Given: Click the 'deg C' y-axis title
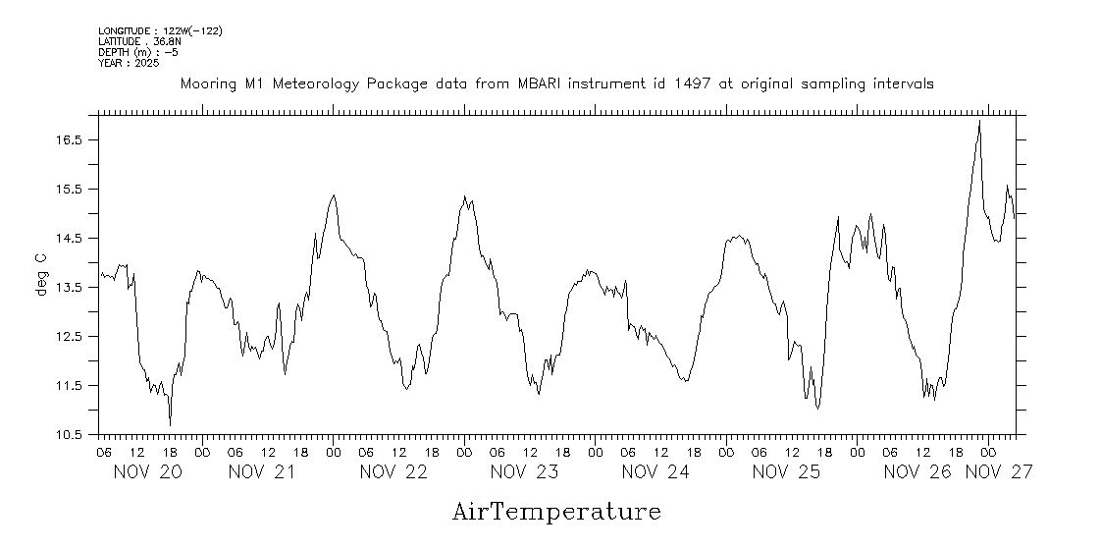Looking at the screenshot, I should [x=41, y=274].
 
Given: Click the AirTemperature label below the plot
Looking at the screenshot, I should [x=556, y=512].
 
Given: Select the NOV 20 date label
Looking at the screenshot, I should [x=148, y=472].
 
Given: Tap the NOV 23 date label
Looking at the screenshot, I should [x=525, y=472].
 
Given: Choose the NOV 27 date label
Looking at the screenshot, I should [x=999, y=472].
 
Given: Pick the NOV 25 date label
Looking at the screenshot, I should [x=786, y=472].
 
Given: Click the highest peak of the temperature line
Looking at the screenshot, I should [x=979, y=121].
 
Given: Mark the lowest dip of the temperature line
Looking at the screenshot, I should [x=171, y=424].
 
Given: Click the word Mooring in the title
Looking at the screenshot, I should [x=208, y=84].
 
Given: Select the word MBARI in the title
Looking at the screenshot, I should [x=543, y=84].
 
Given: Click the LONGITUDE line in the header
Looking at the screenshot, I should [x=160, y=31].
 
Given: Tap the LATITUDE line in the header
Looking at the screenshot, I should [x=139, y=42].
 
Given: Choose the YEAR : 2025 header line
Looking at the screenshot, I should [x=129, y=63].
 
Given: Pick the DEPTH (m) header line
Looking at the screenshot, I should [x=138, y=52].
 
